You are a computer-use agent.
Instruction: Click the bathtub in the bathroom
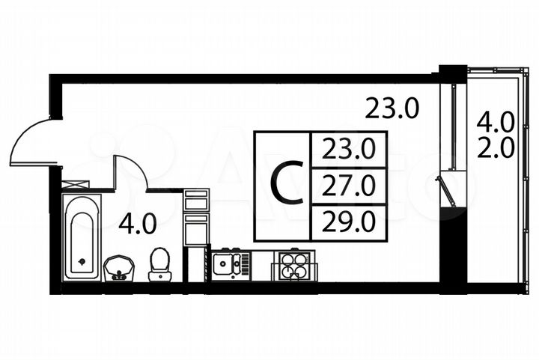pos(81,237)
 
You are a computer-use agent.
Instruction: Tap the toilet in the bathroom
pos(159,264)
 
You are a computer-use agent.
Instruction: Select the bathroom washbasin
pos(118,267)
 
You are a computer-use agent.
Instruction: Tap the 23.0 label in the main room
pos(392,109)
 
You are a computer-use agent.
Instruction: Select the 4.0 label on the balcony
pos(496,120)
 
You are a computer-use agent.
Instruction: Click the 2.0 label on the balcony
pos(496,147)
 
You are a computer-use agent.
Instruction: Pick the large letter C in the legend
pos(285,185)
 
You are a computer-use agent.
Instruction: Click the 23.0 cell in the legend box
pos(349,150)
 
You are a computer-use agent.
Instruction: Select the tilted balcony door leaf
pos(446,190)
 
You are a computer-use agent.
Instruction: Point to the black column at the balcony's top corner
pos(453,74)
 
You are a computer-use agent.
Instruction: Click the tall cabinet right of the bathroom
pos(196,217)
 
